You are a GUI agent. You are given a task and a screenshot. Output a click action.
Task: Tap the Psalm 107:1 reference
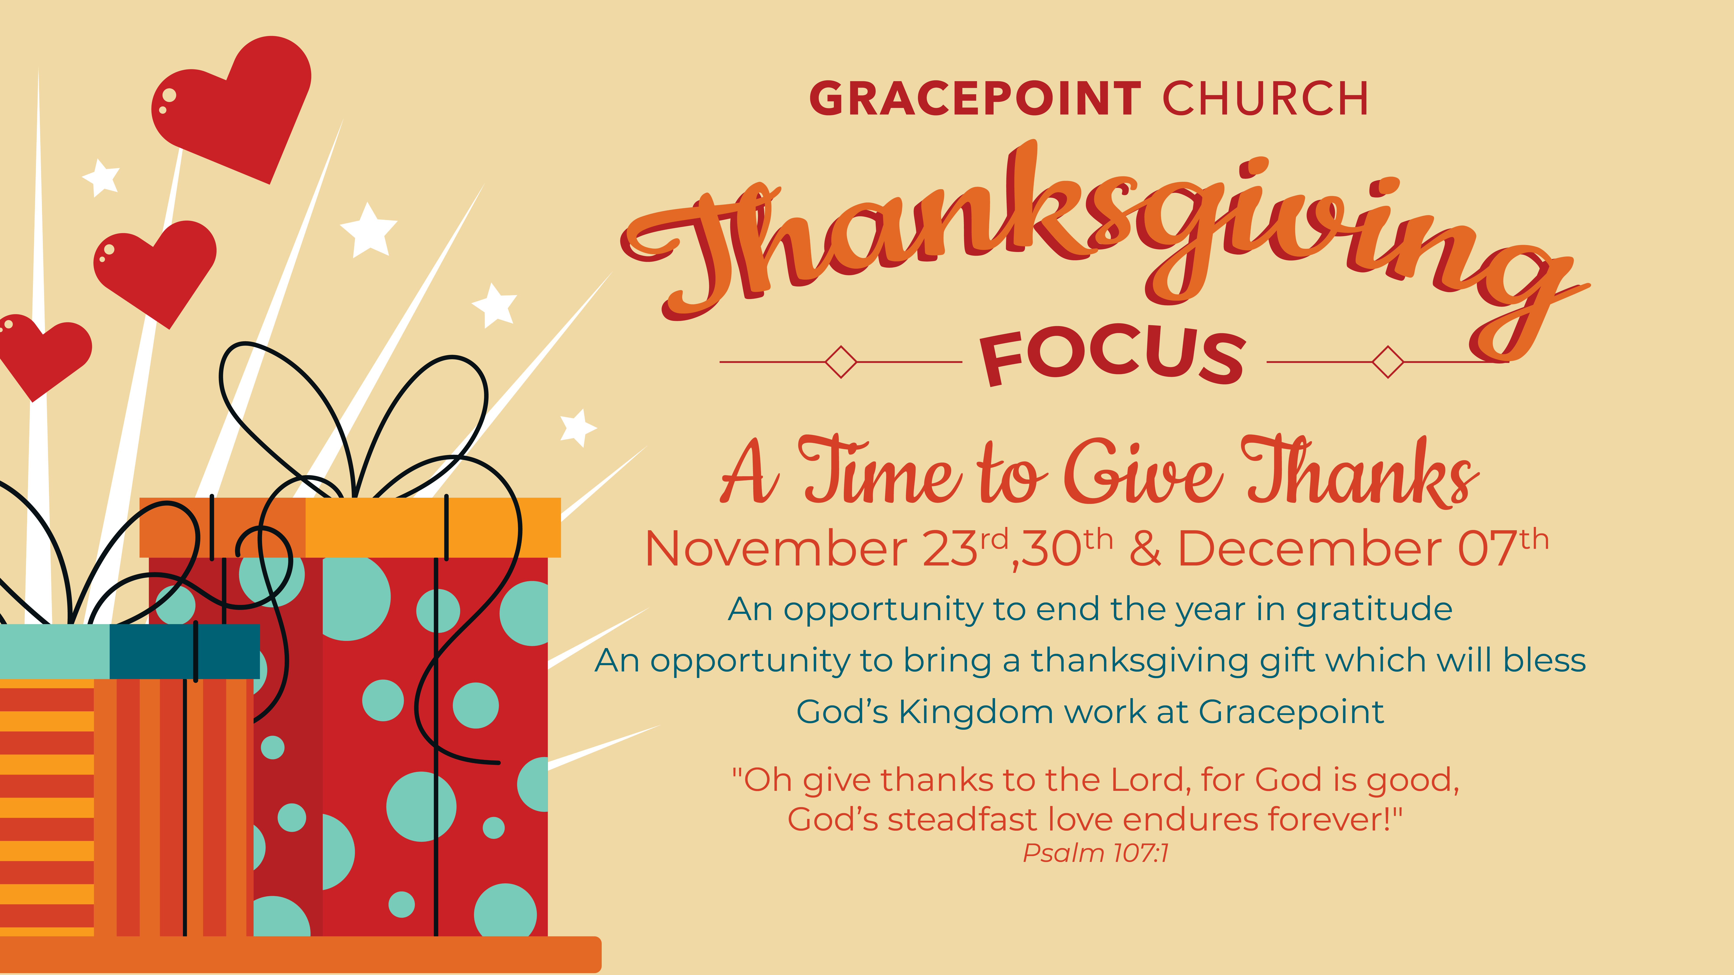pyautogui.click(x=1096, y=853)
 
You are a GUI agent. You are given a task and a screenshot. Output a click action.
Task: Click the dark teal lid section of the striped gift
pyautogui.click(x=184, y=651)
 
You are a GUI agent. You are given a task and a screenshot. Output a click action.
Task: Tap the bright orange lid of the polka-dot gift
pyautogui.click(x=433, y=528)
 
